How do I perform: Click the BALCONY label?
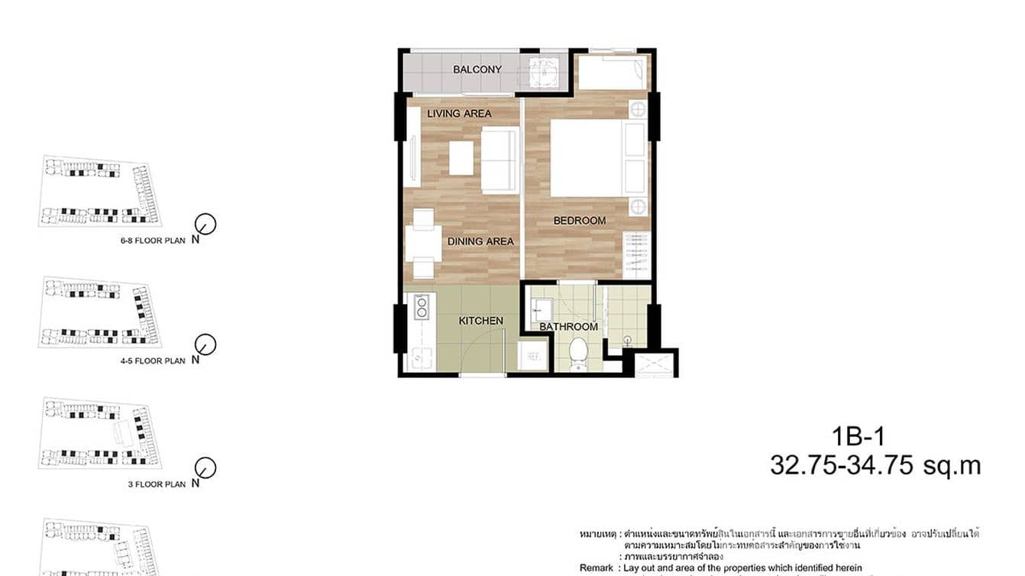coord(477,70)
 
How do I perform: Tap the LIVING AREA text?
coord(459,114)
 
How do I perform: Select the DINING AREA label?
coord(480,241)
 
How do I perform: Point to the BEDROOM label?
coord(580,221)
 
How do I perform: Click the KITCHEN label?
coord(480,321)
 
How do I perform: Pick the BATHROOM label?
coord(568,327)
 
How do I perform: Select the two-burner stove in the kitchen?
coord(420,307)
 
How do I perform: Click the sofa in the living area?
coord(500,160)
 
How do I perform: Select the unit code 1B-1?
coord(858,437)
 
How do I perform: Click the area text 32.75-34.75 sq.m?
coord(875,465)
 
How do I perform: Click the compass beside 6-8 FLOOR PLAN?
coord(205,224)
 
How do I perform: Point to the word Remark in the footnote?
coord(597,568)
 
